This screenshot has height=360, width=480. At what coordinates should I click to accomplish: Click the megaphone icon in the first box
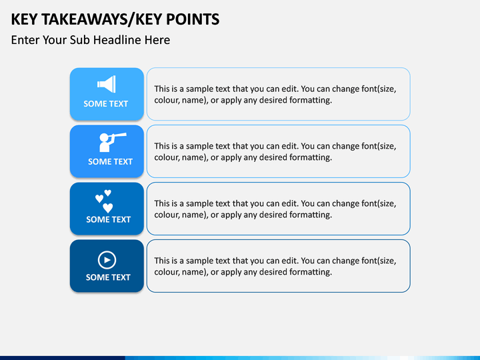coord(107,84)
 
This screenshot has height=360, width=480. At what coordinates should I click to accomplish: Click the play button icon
coord(107,259)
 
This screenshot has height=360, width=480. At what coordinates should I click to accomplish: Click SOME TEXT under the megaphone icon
coord(105,104)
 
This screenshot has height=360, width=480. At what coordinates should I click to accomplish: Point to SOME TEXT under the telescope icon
coord(110,161)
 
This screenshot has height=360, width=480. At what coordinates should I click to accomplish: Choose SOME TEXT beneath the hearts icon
coord(108,219)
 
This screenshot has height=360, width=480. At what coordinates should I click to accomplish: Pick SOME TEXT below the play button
coord(108,277)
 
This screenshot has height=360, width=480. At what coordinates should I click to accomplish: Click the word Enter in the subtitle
coord(26,40)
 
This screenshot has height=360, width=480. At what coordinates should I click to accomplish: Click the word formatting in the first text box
coord(309,100)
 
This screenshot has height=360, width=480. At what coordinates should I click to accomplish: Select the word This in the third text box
coord(163,203)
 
